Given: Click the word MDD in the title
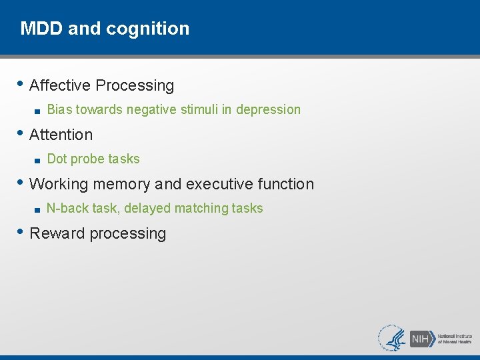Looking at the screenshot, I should click(x=37, y=29).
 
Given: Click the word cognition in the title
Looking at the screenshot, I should click(x=156, y=29).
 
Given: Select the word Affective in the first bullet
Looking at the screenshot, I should click(x=60, y=85).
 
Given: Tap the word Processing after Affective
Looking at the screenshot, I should click(x=135, y=85).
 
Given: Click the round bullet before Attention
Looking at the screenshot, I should click(x=23, y=134).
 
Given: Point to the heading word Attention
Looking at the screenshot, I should click(x=61, y=135).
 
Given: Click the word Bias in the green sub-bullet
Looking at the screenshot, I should click(x=59, y=109).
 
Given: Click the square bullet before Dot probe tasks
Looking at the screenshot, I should click(x=39, y=160).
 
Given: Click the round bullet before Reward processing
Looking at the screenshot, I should click(x=23, y=233).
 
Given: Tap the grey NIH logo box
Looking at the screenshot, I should click(x=421, y=338).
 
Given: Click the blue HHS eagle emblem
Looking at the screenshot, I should click(x=393, y=338).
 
